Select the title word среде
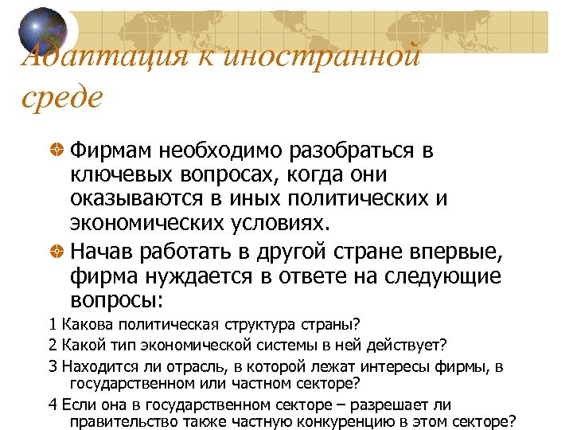click(62, 99)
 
